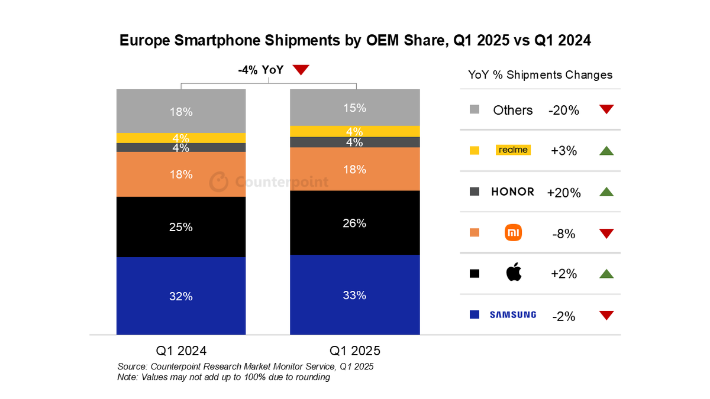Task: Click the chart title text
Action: (355, 40)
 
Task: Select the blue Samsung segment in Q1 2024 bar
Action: (181, 296)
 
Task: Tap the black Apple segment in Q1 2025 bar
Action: (354, 223)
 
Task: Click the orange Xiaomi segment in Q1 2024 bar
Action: (181, 174)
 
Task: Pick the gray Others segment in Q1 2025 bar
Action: (354, 108)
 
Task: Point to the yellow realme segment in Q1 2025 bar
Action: (354, 131)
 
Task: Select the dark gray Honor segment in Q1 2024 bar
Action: (181, 148)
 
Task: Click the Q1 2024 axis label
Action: (181, 349)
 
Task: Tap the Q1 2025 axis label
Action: (354, 349)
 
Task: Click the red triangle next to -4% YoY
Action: (301, 70)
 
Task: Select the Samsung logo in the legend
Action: (512, 315)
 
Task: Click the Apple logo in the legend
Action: (513, 273)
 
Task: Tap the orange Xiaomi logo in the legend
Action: (513, 233)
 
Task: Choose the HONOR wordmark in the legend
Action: (512, 192)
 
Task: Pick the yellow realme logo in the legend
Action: (512, 150)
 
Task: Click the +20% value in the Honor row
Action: (564, 193)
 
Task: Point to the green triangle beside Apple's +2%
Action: (606, 274)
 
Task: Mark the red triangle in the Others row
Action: (606, 109)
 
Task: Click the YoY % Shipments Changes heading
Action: (540, 75)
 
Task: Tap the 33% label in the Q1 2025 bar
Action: (354, 295)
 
